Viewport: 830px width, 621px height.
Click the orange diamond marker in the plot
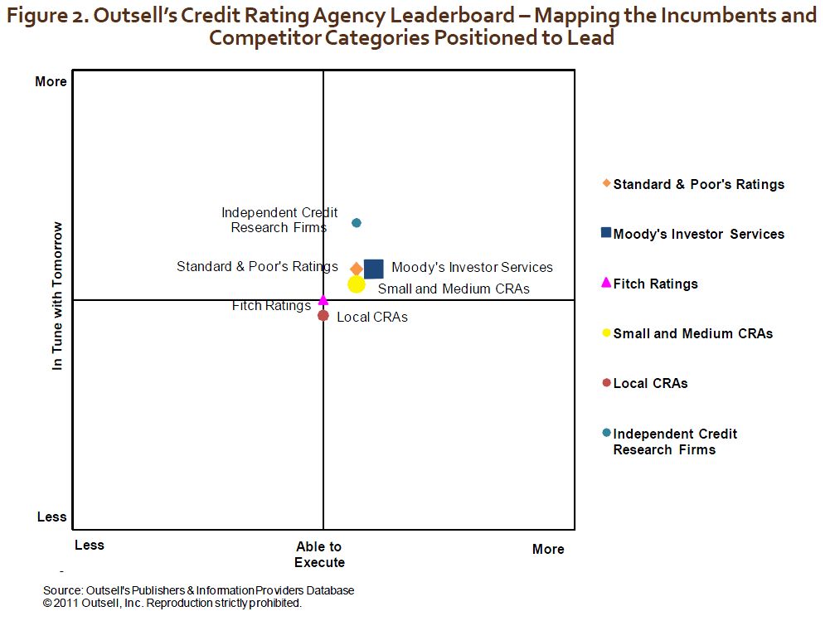pos(357,269)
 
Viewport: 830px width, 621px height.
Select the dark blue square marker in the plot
pos(374,269)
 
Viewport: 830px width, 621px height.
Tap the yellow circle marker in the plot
pos(357,284)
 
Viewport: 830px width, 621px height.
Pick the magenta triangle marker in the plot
pos(323,299)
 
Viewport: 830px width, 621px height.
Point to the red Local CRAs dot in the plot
pos(323,315)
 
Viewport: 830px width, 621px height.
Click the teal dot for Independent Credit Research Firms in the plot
pos(357,222)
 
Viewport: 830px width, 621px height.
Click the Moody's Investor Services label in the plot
pos(472,267)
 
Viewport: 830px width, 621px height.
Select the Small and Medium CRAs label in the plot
pos(454,289)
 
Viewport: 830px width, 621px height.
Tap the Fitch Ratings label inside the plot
pos(271,306)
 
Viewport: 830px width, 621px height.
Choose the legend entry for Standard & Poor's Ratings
pos(698,184)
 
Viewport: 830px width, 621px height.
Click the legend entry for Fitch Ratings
pos(655,284)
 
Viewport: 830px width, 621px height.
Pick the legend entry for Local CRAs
pos(650,383)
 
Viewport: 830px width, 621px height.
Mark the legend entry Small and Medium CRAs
pos(692,333)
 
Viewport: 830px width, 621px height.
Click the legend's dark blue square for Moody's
pos(606,234)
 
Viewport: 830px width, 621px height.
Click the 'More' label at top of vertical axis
pos(51,81)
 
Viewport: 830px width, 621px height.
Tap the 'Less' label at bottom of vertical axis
pos(51,517)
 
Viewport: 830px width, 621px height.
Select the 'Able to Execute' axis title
pos(319,555)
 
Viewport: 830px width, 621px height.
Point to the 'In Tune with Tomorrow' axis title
pos(57,295)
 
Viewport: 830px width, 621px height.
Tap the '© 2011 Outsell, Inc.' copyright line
pos(172,603)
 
